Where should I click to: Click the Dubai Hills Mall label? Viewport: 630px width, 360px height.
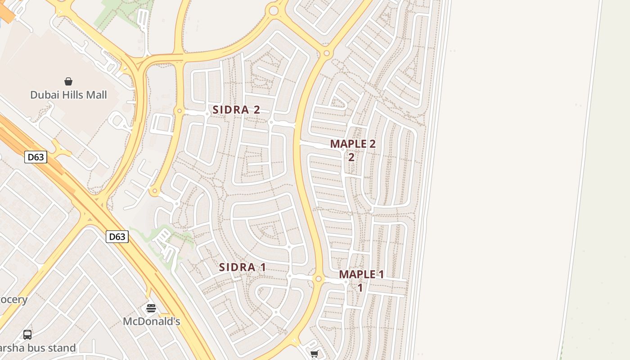pos(68,95)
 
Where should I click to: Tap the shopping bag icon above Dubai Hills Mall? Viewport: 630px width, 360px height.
pos(68,81)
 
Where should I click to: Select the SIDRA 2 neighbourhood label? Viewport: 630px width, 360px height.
pos(236,110)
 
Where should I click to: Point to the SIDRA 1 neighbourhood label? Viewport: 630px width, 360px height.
pos(242,267)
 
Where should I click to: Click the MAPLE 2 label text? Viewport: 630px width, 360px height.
pos(353,144)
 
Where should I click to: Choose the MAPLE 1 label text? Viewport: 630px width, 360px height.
pos(361,274)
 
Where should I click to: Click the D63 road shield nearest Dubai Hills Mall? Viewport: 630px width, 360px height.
pos(36,157)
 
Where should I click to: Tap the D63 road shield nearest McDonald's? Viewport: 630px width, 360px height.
pos(117,237)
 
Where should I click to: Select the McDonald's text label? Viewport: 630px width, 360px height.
pos(152,321)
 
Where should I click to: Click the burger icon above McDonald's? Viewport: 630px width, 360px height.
pos(151,308)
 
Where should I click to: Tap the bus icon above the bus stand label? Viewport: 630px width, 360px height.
pos(27,335)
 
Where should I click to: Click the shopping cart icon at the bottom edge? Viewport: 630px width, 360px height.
pos(314,354)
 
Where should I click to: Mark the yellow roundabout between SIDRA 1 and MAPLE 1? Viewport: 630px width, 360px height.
pos(319,279)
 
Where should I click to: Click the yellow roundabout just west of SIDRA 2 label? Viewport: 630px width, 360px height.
pos(180,111)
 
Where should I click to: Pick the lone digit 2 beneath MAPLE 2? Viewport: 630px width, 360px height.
pos(351,157)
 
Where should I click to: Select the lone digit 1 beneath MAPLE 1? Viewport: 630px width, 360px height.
pos(360,288)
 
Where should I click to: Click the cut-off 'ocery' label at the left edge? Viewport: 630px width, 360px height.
pos(13,300)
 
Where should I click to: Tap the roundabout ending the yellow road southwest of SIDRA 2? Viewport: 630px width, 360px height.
pos(155,192)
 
